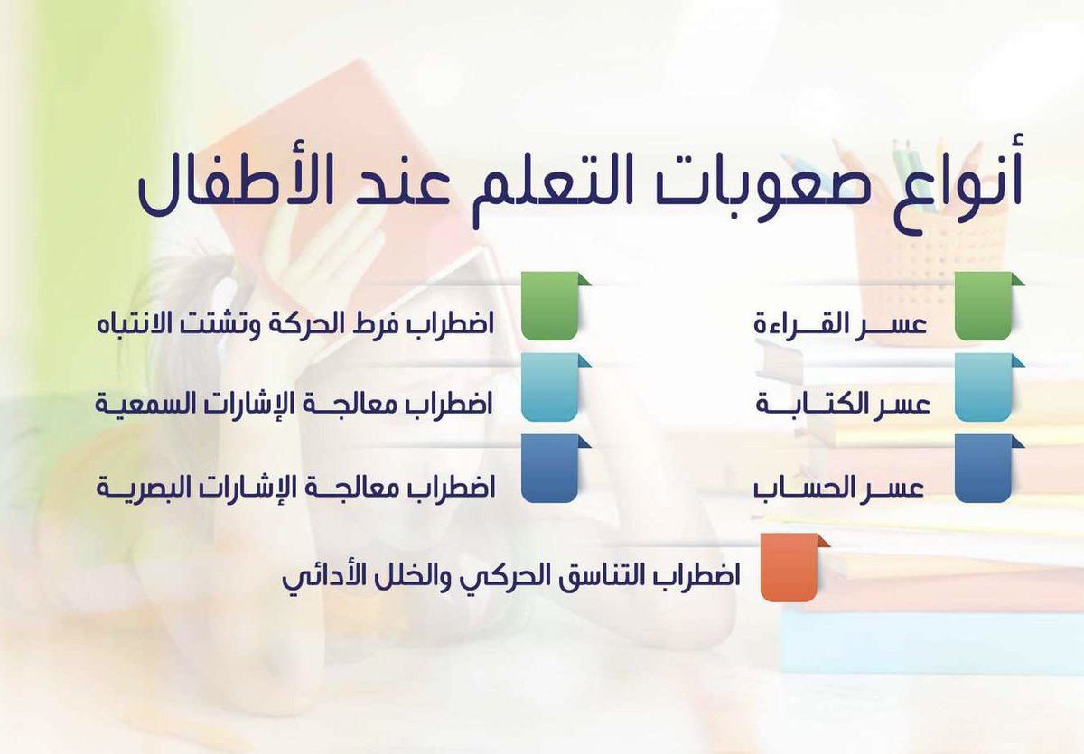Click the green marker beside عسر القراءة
coord(984,308)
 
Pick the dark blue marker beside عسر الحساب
coord(984,470)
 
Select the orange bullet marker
coord(790,568)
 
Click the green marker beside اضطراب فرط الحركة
coord(549,308)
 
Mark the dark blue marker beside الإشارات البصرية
coord(549,470)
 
